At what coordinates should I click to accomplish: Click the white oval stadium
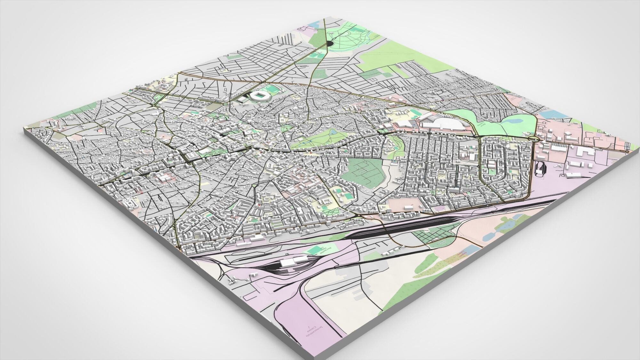click(259, 96)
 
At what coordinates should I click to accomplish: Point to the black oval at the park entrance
click(330, 43)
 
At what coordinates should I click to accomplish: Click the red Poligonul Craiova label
click(461, 254)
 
